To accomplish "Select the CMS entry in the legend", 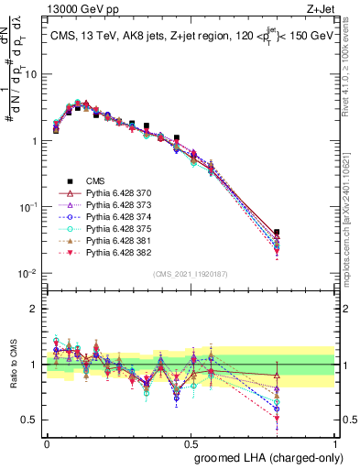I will pyautogui.click(x=95, y=181).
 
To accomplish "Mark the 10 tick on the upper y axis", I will pyautogui.click(x=32, y=75).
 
